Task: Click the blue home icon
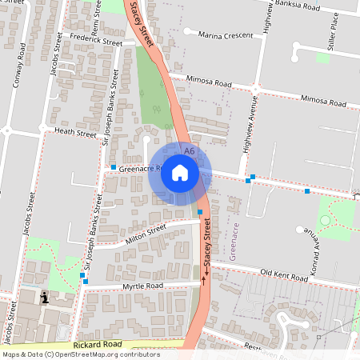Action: click(x=179, y=173)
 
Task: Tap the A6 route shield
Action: click(x=189, y=150)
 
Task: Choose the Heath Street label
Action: click(x=75, y=131)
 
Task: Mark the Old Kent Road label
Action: click(x=284, y=274)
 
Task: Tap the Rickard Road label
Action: click(x=96, y=344)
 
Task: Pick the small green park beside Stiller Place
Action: click(x=323, y=57)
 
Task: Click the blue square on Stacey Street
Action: click(x=200, y=211)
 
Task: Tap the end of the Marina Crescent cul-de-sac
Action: click(x=186, y=31)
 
